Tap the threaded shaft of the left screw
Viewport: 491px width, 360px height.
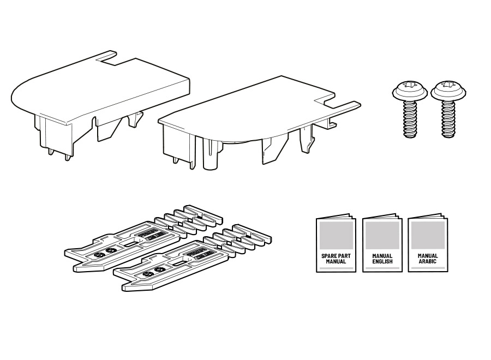point(410,119)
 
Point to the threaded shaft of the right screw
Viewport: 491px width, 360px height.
point(448,119)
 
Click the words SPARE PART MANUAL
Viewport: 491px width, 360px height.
point(336,259)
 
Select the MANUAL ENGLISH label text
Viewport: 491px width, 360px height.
point(382,259)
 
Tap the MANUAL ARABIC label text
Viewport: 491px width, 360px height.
point(428,258)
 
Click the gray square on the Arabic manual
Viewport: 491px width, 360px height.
point(428,235)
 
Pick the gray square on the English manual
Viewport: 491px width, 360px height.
point(382,236)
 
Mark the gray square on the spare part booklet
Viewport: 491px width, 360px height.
point(336,236)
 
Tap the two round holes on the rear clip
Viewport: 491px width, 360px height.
point(105,253)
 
